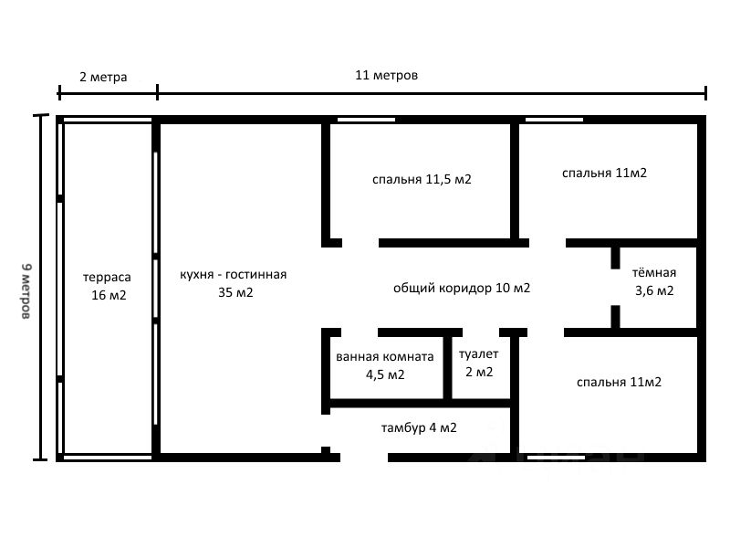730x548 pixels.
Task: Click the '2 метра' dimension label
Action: point(103,77)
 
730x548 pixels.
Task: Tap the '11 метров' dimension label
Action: point(386,75)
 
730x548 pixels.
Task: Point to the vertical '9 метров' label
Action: point(26,290)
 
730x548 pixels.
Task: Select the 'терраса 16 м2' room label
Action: point(108,285)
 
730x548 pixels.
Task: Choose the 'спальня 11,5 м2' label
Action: point(422,179)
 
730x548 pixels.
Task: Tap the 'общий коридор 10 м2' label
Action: point(462,288)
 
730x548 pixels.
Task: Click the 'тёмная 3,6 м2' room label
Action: point(654,281)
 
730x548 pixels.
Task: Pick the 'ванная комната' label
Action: point(384,356)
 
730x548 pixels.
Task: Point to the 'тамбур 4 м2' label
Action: point(419,427)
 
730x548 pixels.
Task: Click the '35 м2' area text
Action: point(235,293)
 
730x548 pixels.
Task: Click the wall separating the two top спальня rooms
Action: point(514,178)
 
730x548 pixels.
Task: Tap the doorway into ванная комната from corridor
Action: point(360,332)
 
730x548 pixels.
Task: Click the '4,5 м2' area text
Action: point(385,374)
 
